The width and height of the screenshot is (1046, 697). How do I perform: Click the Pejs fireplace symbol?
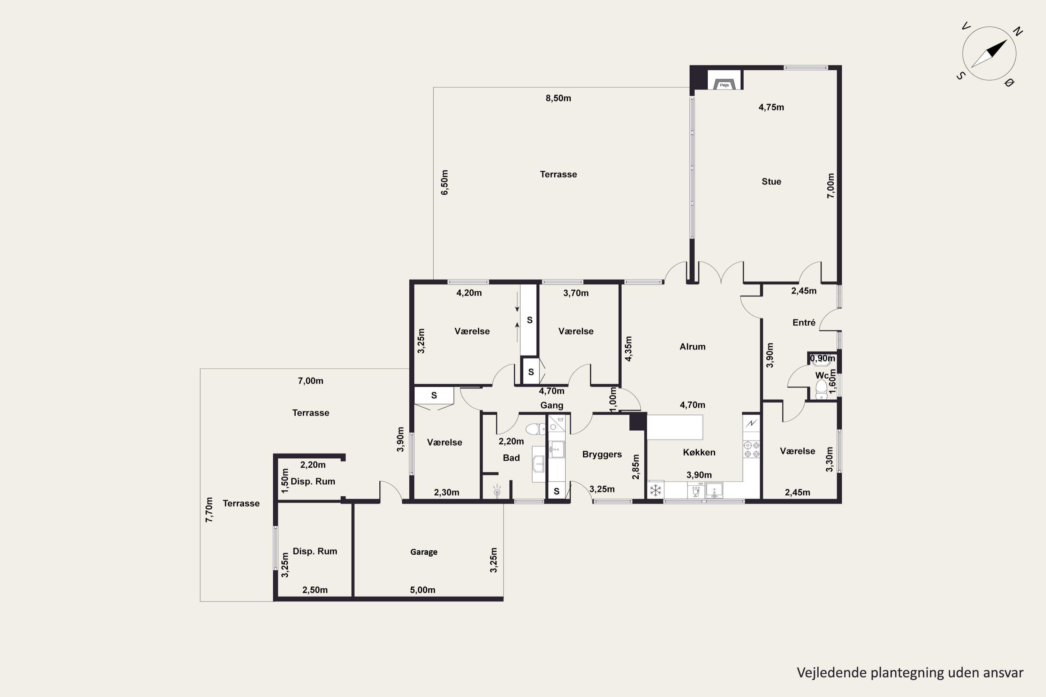(724, 84)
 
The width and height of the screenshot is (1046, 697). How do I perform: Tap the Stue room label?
(771, 181)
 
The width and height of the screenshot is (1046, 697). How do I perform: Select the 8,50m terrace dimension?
(558, 98)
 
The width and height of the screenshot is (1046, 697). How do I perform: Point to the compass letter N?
(1017, 31)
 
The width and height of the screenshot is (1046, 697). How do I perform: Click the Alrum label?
(692, 347)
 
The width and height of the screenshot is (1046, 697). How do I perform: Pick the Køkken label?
(699, 452)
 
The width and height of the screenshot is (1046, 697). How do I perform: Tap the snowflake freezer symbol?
(655, 490)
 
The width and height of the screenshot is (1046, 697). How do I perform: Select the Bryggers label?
(602, 455)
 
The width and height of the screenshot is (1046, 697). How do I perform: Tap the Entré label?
(804, 323)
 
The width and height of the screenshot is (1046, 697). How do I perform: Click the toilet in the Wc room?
(821, 389)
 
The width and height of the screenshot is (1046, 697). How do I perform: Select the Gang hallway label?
(552, 405)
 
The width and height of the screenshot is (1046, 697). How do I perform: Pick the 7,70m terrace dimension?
(209, 510)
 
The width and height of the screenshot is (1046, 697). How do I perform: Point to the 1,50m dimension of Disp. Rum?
(285, 481)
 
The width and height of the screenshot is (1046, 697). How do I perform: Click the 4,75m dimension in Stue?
(771, 107)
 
